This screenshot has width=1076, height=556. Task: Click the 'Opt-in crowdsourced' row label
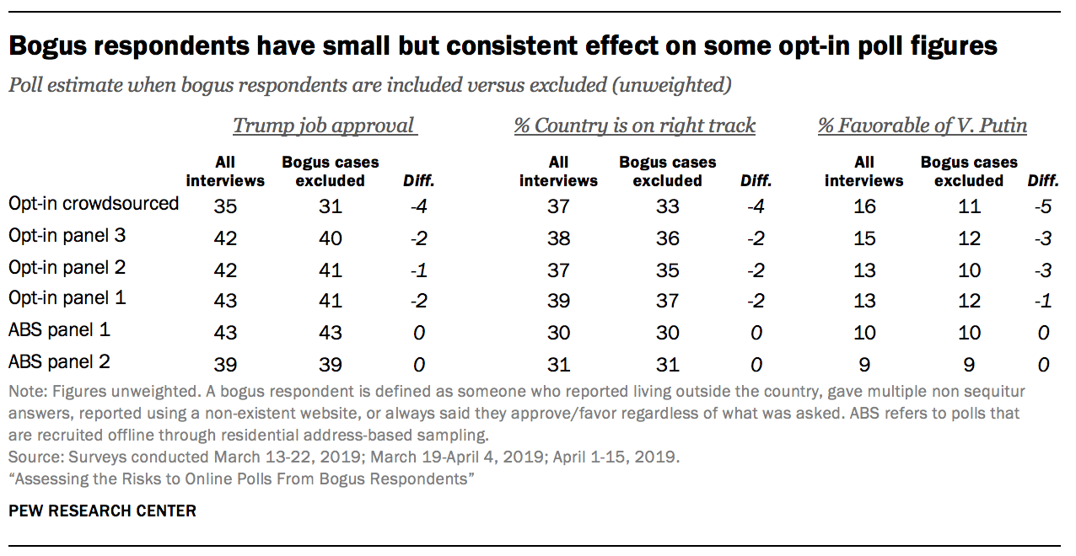(x=94, y=204)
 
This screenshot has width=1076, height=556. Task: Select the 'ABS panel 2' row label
(x=59, y=362)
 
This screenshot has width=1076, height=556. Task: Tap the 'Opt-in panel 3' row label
(x=66, y=236)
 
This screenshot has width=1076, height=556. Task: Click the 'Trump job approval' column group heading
(x=325, y=126)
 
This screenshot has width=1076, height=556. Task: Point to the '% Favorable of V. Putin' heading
(x=923, y=126)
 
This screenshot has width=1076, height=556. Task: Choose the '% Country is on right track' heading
(x=635, y=126)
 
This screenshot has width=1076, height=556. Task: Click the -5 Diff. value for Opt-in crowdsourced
(x=1043, y=206)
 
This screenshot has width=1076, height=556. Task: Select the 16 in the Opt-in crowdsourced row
(x=863, y=206)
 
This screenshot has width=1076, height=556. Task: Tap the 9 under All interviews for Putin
(x=863, y=365)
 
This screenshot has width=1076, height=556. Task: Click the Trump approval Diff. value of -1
(x=418, y=270)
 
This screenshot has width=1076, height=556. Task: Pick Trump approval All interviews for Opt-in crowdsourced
(x=225, y=206)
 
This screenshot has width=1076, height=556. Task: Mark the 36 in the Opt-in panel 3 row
(x=667, y=238)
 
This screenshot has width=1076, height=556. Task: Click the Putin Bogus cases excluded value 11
(x=969, y=206)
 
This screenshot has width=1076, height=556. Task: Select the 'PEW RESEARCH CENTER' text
(x=102, y=511)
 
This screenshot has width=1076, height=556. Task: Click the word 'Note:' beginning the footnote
(x=27, y=393)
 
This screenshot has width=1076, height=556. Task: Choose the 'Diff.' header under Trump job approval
(x=418, y=180)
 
